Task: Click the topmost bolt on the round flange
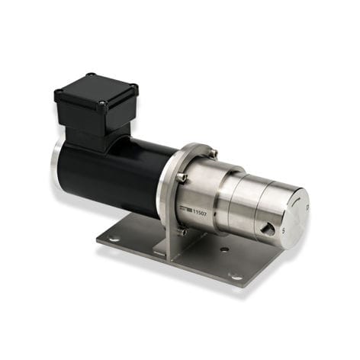point(214,154)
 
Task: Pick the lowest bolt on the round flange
point(182,232)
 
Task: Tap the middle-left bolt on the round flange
point(182,178)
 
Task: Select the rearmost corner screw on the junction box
point(89,75)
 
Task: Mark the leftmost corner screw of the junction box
point(59,92)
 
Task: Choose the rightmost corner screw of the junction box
point(135,88)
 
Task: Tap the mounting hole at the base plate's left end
point(114,239)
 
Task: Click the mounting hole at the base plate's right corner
point(236,276)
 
